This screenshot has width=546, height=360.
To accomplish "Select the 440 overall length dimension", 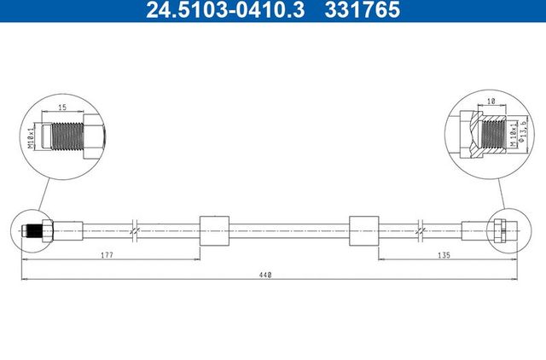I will pos(268,275).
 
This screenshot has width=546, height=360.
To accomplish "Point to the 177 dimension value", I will pos(107,255).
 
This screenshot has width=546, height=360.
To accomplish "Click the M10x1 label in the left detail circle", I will pos(32,136).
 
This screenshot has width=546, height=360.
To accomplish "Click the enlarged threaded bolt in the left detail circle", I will pos(73,135).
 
